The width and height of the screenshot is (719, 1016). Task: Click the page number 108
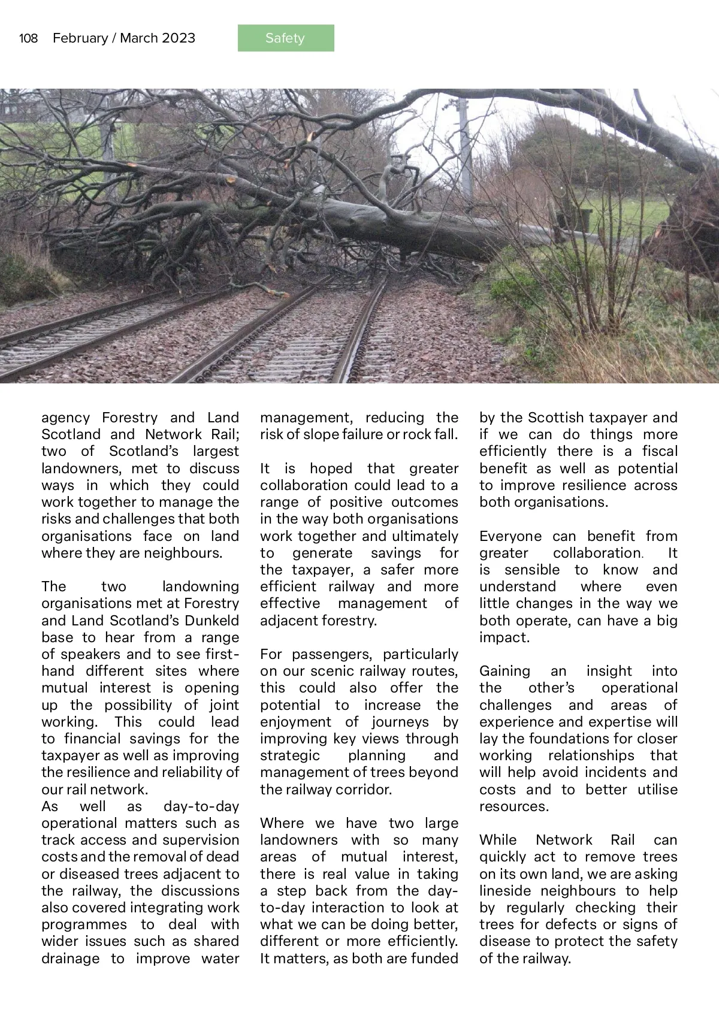tap(28, 38)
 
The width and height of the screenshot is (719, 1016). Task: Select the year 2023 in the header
tap(178, 38)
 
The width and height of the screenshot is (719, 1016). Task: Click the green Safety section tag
tap(285, 38)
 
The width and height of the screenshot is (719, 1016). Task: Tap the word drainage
tap(70, 958)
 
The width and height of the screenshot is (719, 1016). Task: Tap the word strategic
tap(290, 755)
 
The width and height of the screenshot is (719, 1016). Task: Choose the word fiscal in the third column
tap(660, 451)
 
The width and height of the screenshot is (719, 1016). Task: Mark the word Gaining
tap(504, 671)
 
